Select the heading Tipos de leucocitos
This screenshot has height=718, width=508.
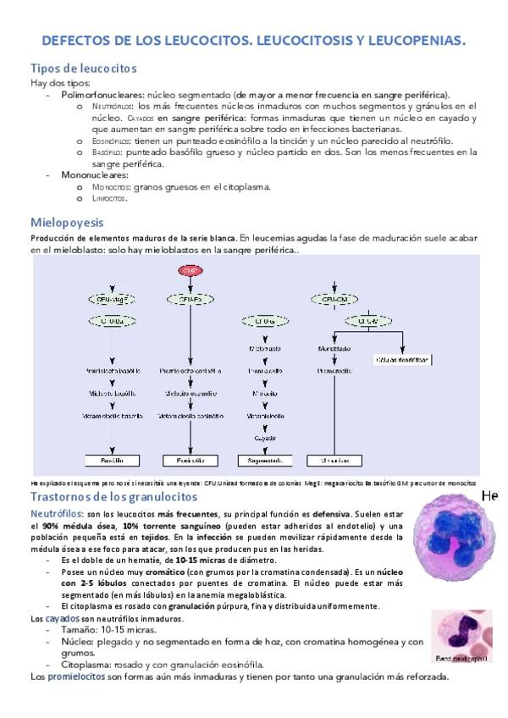point(83,68)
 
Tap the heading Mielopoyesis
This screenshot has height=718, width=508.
point(67,222)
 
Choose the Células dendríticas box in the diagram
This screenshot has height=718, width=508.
point(401,359)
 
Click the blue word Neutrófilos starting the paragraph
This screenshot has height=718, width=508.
point(58,513)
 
